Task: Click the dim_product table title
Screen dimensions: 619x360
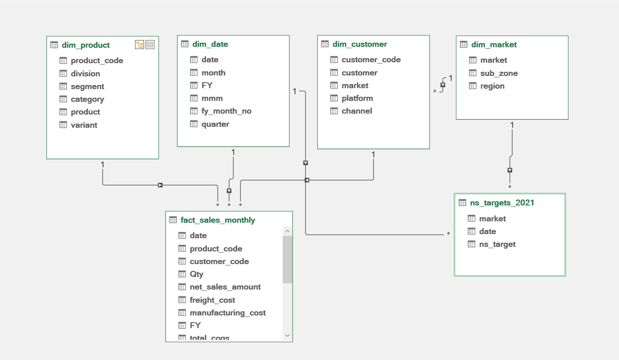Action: point(85,45)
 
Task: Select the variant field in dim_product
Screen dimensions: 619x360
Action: point(84,125)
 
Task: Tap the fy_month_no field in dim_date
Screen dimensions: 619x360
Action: point(226,111)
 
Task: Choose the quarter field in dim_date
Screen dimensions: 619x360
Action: point(215,125)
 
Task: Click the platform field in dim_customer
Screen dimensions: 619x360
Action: point(357,98)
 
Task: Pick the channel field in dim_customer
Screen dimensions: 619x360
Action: point(357,111)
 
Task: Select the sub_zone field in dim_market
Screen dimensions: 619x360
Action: point(499,73)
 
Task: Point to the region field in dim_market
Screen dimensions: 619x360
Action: point(492,86)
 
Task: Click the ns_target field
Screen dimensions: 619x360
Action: point(497,244)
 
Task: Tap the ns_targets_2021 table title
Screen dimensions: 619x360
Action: point(502,203)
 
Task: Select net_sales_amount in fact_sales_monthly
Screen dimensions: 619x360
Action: point(225,287)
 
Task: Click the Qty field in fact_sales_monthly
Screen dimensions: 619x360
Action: point(196,274)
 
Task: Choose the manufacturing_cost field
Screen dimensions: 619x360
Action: point(228,313)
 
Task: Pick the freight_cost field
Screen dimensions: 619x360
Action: point(212,300)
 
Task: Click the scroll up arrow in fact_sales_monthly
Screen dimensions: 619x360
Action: point(287,231)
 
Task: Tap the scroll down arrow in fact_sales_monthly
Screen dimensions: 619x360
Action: point(287,335)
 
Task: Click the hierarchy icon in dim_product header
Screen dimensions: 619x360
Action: point(139,45)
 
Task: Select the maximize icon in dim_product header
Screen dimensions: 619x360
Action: point(150,45)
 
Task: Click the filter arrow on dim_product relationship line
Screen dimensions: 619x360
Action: point(160,185)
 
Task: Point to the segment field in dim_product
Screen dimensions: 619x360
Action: point(87,86)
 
